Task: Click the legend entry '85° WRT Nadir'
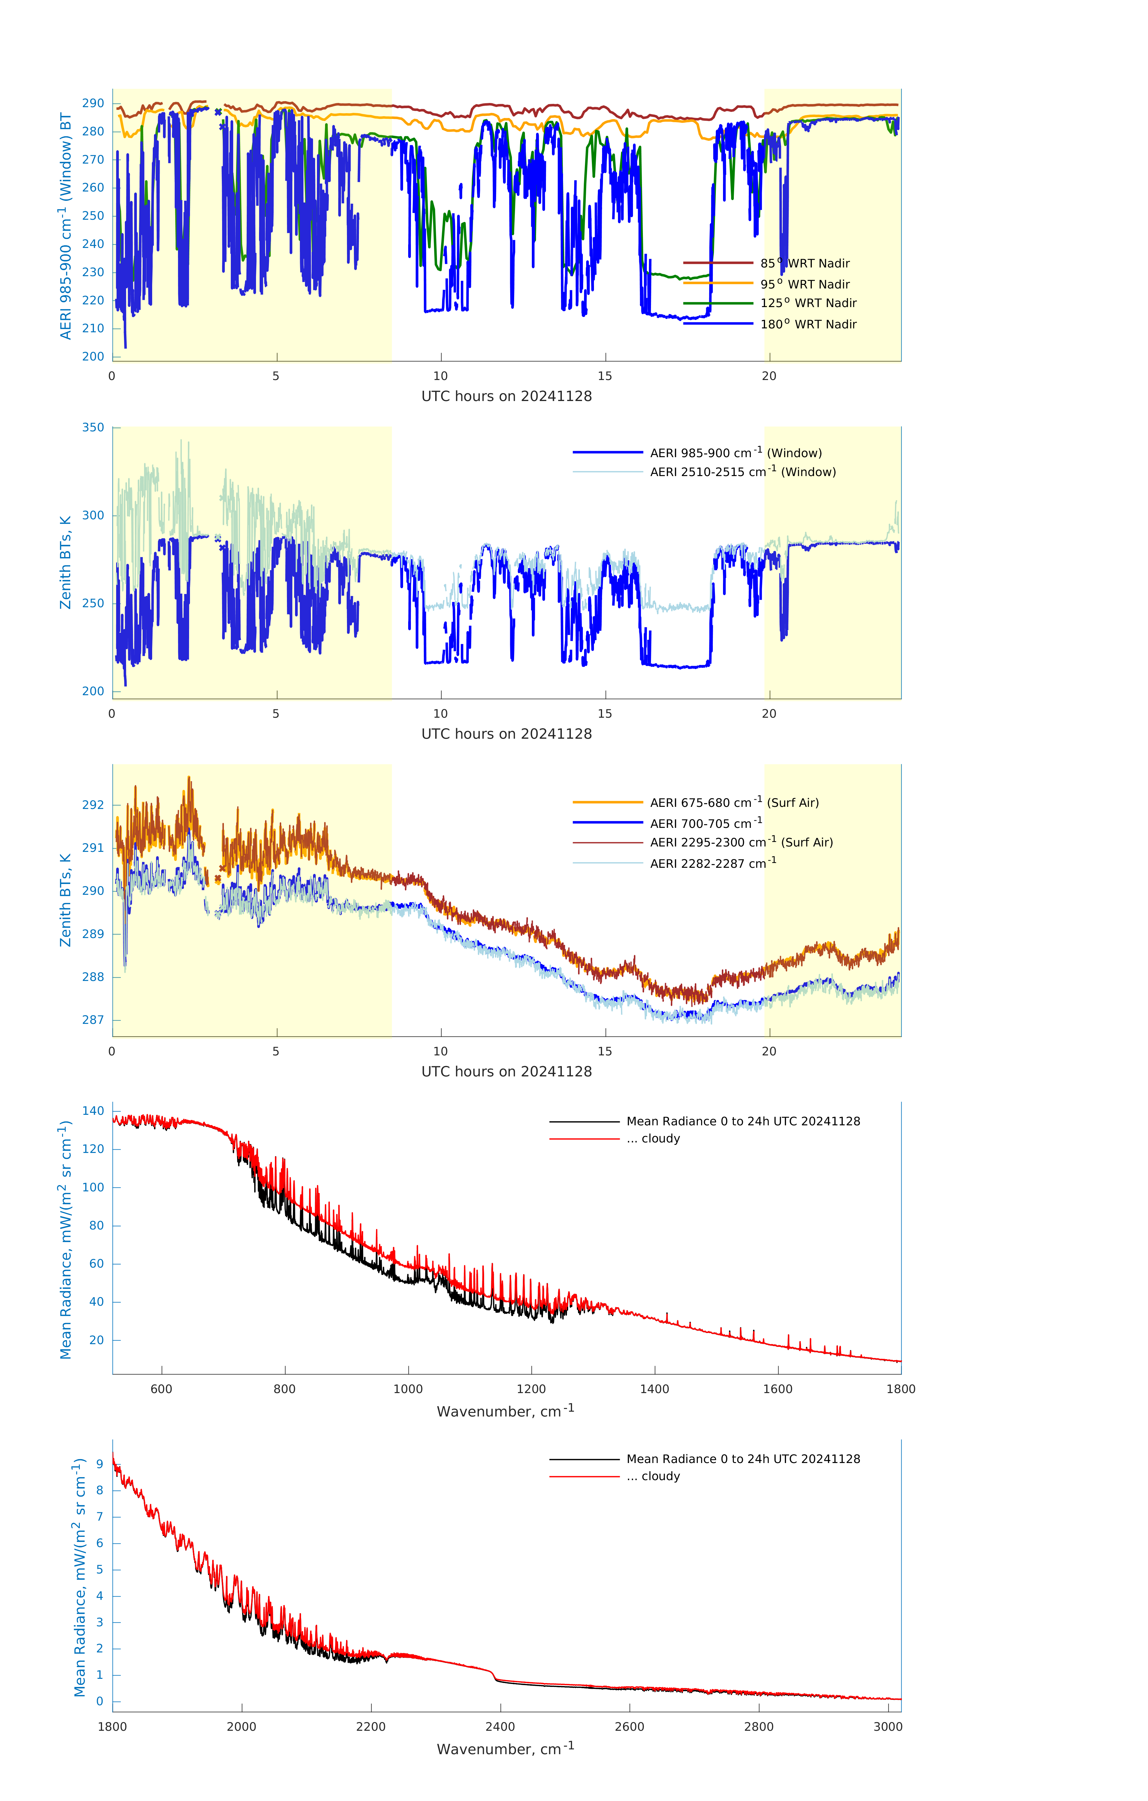[x=805, y=263]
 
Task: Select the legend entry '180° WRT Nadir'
[x=808, y=324]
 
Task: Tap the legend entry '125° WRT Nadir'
[x=808, y=303]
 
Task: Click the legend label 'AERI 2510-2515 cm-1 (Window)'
[x=743, y=472]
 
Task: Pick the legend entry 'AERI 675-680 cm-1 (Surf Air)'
[x=734, y=803]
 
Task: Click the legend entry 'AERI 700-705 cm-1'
[x=705, y=823]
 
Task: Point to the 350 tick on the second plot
[x=93, y=428]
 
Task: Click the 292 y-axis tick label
[x=93, y=805]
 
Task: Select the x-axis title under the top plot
[x=506, y=397]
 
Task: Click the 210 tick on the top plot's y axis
[x=93, y=328]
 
